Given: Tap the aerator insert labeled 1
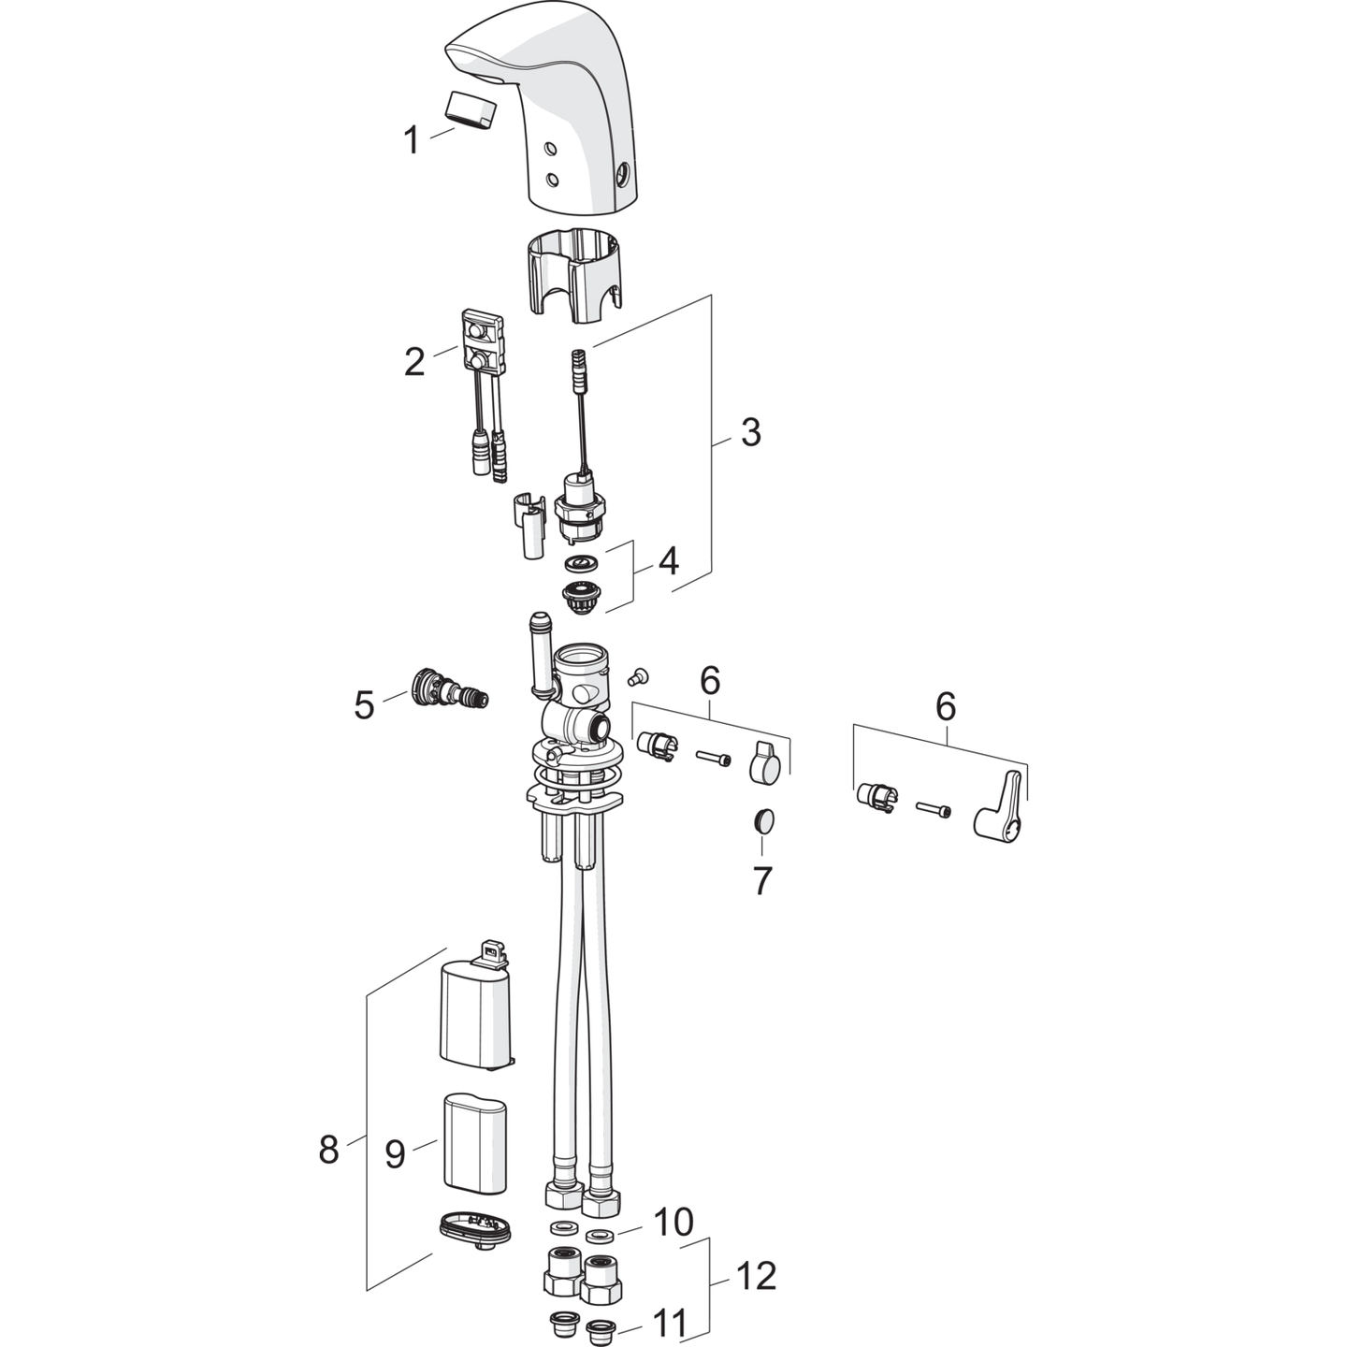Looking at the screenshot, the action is click(470, 109).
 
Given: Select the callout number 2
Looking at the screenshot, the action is click(414, 362).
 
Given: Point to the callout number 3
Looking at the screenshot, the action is click(751, 433).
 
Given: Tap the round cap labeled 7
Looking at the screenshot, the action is click(763, 821).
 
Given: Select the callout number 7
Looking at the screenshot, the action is click(761, 881).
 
